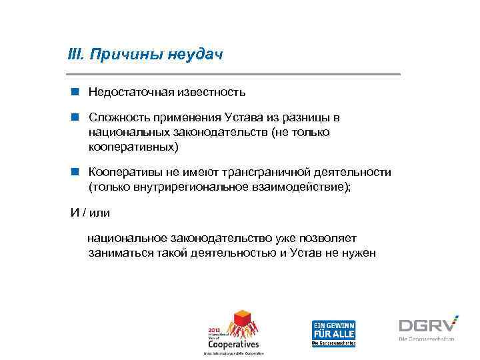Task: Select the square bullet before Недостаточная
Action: click(x=75, y=91)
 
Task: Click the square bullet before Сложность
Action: click(x=75, y=118)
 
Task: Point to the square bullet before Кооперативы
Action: click(x=75, y=172)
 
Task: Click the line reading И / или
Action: click(x=91, y=213)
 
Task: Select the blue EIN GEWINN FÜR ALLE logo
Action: click(x=334, y=332)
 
